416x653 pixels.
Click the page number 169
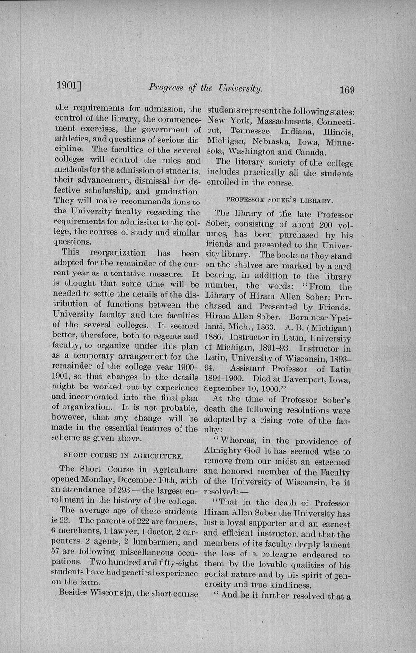(347, 89)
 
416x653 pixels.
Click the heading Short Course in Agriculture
(124, 456)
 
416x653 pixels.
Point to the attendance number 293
(117, 490)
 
